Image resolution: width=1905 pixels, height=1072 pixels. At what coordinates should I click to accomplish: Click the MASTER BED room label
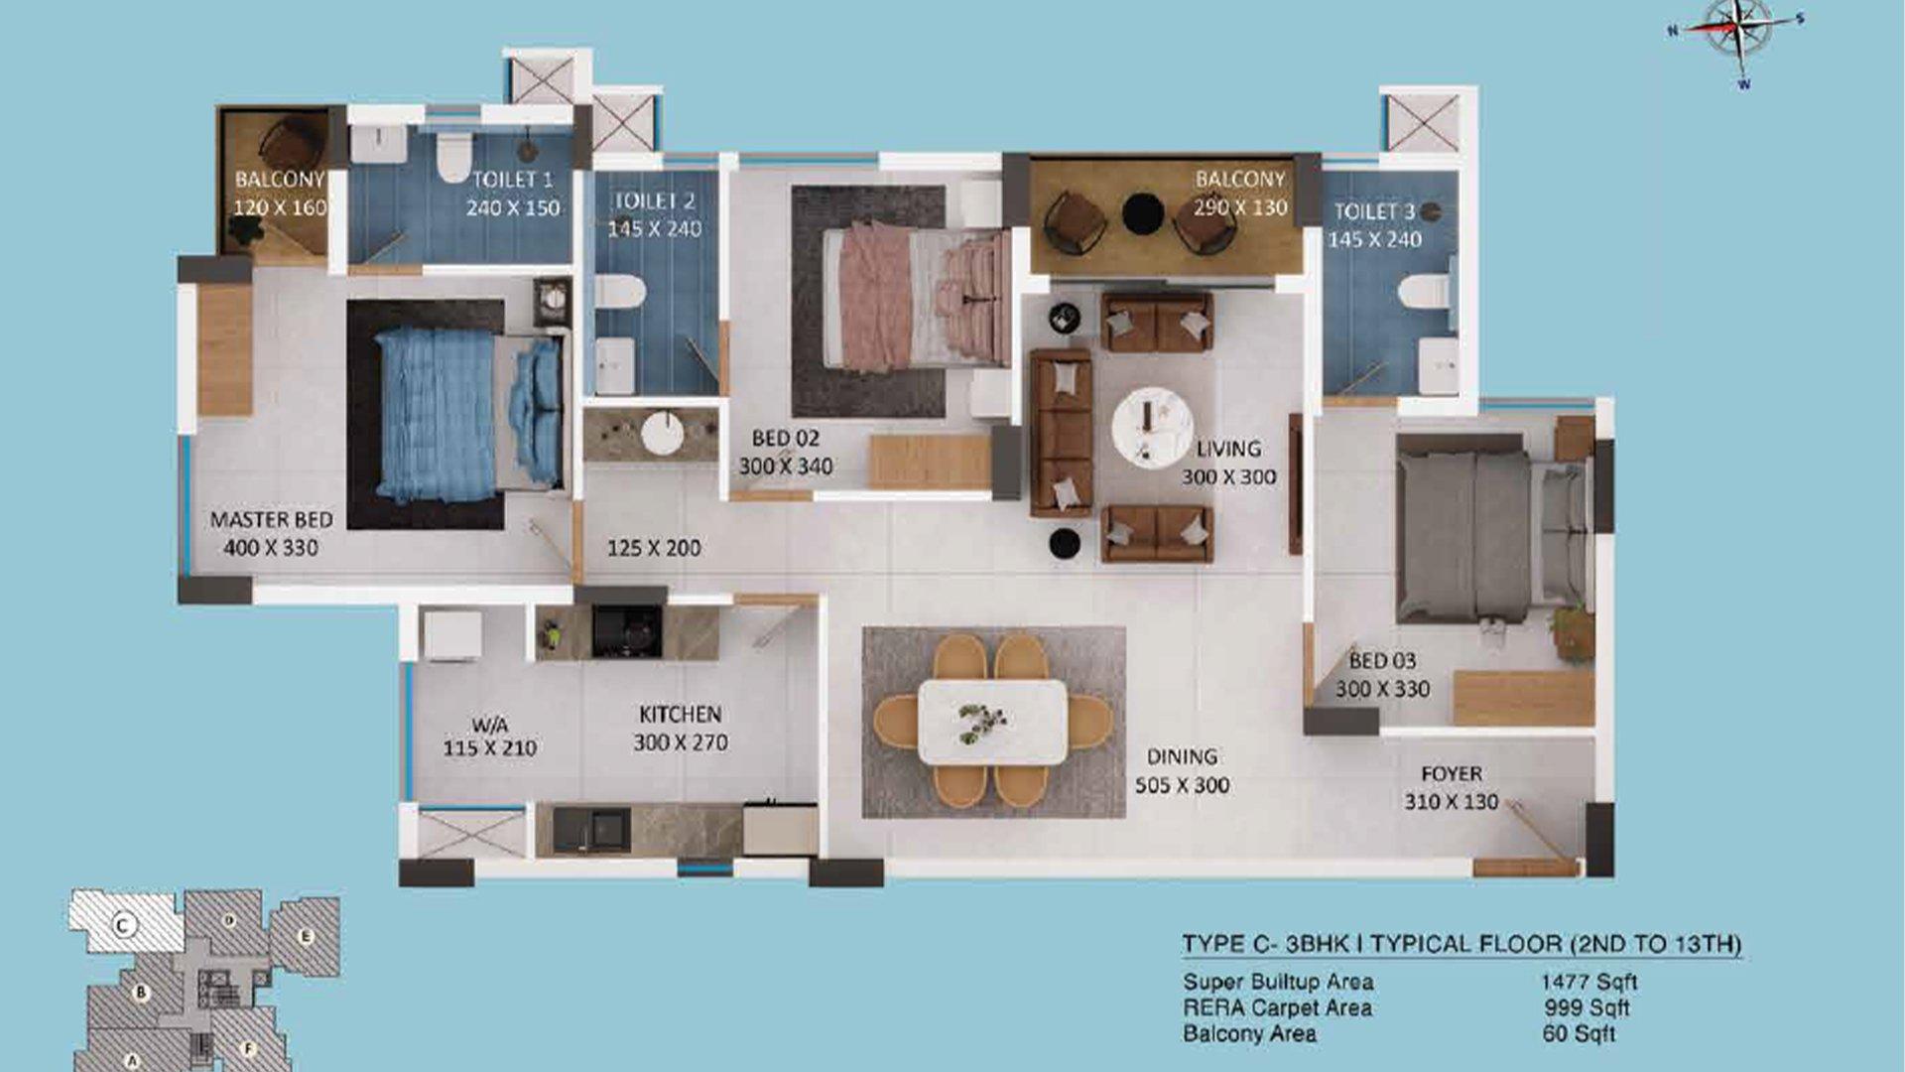click(271, 520)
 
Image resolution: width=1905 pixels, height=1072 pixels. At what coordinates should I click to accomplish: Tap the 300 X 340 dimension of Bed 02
click(786, 466)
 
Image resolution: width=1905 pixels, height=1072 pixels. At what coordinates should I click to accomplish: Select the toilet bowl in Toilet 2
click(620, 292)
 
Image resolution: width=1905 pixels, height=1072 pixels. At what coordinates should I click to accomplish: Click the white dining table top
click(992, 722)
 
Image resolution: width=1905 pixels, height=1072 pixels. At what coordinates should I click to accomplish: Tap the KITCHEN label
click(681, 715)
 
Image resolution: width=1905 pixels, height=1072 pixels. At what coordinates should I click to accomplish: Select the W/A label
click(490, 726)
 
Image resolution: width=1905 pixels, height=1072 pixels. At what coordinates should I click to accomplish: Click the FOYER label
click(1452, 774)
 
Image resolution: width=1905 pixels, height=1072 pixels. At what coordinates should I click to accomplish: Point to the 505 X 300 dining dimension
click(1183, 785)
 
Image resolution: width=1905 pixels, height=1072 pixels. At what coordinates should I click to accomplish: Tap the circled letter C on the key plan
click(122, 926)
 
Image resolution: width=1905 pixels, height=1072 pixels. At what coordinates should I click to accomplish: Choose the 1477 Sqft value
click(1588, 983)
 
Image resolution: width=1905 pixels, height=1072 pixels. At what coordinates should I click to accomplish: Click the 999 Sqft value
click(1587, 1008)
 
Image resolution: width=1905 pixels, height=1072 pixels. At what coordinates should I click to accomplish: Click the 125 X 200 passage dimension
click(654, 548)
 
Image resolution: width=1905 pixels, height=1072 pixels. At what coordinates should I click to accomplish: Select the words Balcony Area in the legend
click(1250, 1034)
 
